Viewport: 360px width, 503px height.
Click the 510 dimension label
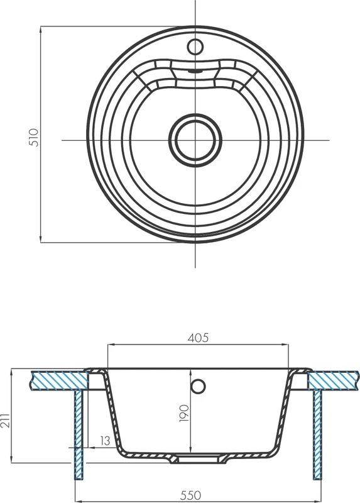(35, 137)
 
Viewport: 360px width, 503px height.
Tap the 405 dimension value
(198, 338)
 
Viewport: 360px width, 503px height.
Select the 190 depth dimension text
(185, 413)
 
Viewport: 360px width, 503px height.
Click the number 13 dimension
(104, 441)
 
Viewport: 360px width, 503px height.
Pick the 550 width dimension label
(190, 495)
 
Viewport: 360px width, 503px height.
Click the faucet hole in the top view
(195, 47)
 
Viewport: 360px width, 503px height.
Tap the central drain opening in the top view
(195, 140)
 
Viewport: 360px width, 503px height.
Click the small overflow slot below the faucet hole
(195, 71)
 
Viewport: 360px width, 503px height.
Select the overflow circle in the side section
(198, 385)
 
